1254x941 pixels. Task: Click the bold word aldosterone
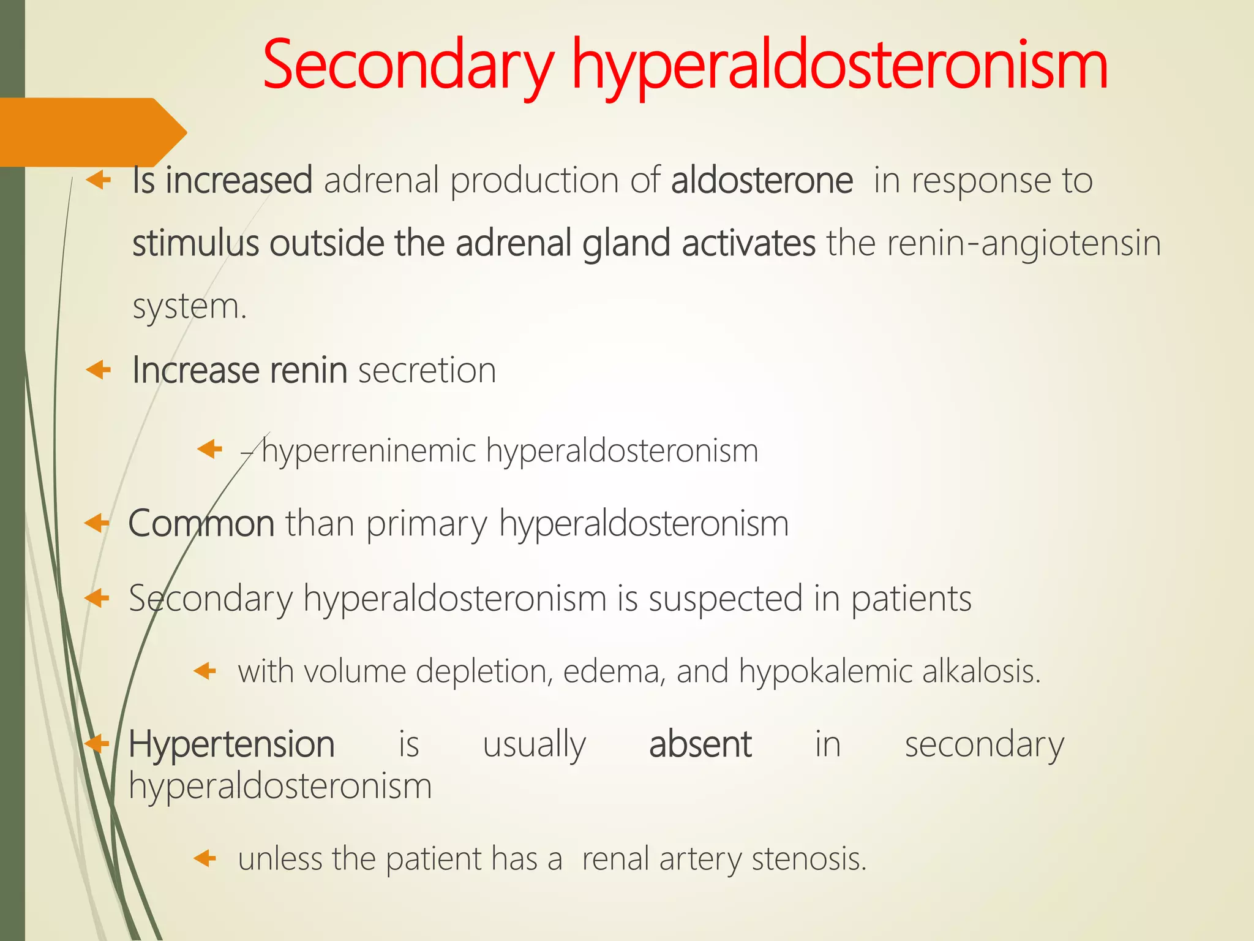click(x=762, y=181)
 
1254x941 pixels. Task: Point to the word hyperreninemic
click(x=369, y=451)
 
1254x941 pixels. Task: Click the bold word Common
click(x=201, y=524)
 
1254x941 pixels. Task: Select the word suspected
click(x=725, y=599)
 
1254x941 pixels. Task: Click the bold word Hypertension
click(x=231, y=745)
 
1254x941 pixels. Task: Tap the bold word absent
click(x=700, y=745)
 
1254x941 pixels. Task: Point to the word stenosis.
click(x=809, y=859)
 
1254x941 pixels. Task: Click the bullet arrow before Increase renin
click(x=99, y=370)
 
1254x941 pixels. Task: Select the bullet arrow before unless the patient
click(x=205, y=858)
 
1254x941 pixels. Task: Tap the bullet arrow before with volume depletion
click(x=205, y=671)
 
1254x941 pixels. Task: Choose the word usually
click(x=534, y=745)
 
